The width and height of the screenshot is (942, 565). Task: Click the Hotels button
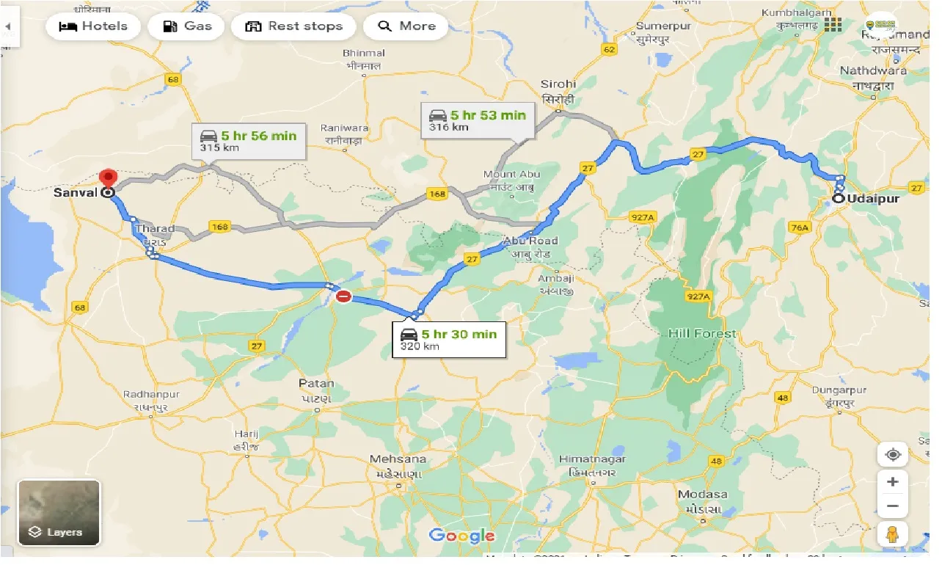[x=92, y=27]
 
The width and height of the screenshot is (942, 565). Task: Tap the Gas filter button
[x=188, y=27]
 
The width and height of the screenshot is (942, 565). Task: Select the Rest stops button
[x=293, y=27]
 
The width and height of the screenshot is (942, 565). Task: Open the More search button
[x=406, y=27]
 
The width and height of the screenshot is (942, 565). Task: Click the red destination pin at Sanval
[x=109, y=179]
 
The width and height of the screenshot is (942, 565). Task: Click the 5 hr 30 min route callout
[x=449, y=340]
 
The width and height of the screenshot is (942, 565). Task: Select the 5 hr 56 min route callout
[x=249, y=140]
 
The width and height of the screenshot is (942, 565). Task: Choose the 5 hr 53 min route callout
[x=478, y=120]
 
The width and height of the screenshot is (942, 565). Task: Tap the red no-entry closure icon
[x=343, y=297]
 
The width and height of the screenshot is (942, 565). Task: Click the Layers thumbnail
[x=59, y=512]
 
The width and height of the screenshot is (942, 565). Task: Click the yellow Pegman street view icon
[x=892, y=536]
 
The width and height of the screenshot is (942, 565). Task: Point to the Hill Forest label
[x=701, y=334]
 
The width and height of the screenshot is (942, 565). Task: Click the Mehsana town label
[x=397, y=460]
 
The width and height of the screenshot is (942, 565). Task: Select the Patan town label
[x=316, y=384]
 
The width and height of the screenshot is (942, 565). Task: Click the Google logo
[x=462, y=536]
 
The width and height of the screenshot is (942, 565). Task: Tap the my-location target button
[x=892, y=455]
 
